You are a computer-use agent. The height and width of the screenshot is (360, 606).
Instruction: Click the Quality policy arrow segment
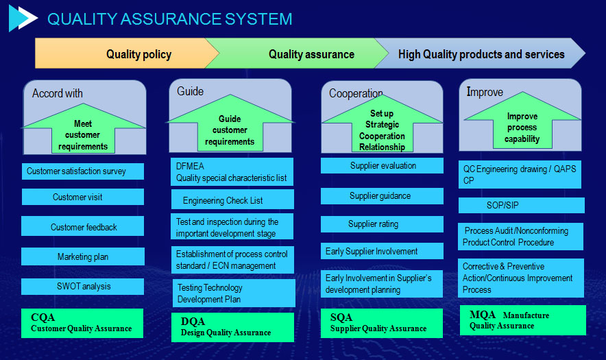[123, 53]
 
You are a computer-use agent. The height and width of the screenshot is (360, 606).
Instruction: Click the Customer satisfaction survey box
[83, 171]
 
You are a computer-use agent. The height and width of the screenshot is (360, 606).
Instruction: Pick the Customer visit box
[83, 197]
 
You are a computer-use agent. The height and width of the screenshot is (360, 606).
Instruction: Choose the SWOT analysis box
[83, 287]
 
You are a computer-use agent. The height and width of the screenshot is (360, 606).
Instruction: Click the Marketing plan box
[83, 256]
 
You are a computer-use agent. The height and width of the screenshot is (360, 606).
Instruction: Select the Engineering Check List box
[232, 200]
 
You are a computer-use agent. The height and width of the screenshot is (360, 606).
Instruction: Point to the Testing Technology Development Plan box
[234, 293]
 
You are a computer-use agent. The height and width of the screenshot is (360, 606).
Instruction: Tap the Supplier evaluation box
[382, 165]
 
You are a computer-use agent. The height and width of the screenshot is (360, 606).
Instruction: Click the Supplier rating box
[382, 224]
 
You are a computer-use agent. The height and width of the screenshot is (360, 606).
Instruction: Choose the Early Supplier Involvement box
[382, 251]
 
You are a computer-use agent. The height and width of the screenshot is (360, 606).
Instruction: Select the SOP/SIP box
[522, 205]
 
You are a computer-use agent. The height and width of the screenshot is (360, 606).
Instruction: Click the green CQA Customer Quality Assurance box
[82, 323]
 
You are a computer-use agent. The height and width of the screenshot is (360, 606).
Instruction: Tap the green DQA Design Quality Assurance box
[232, 328]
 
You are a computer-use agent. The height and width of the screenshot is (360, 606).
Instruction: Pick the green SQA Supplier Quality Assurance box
[382, 323]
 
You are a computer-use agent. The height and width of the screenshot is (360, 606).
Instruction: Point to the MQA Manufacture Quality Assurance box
[523, 320]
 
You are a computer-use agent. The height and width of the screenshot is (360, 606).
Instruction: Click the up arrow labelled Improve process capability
[522, 123]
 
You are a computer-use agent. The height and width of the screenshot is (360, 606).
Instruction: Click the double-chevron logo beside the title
[23, 19]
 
